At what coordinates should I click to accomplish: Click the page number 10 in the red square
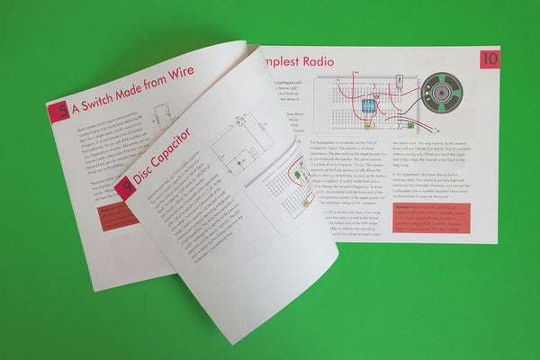(489, 59)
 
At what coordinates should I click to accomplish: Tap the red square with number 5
(58, 112)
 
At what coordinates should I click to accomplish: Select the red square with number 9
(125, 187)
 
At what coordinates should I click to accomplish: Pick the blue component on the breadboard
(367, 106)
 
